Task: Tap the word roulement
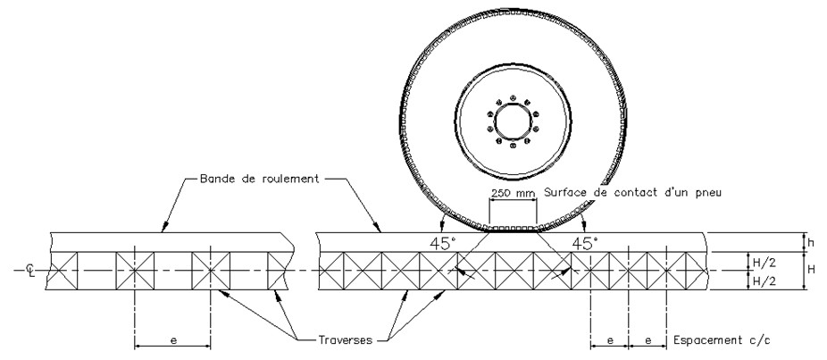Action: (x=289, y=179)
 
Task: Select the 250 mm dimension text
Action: (x=513, y=192)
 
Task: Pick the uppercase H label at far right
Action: (x=811, y=269)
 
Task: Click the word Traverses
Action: (x=348, y=340)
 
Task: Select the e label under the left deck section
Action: (x=173, y=339)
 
